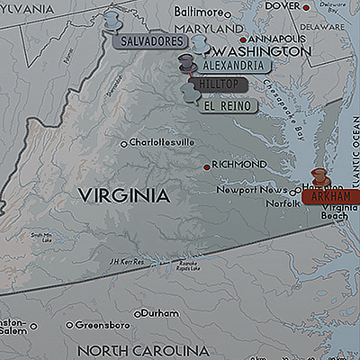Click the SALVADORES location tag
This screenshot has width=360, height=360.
coord(149,41)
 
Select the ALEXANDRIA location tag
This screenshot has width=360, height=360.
coord(233,66)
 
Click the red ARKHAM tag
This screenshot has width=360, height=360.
coord(325,195)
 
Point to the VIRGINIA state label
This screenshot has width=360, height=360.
coord(123,194)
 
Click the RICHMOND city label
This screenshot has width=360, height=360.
coord(239,165)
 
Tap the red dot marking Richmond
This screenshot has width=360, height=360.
coord(206,166)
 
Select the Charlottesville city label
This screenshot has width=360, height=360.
coord(162,142)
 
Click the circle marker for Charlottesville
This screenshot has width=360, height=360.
coord(124,143)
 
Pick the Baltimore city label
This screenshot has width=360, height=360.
coord(222,13)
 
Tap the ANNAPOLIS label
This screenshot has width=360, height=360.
coord(276,39)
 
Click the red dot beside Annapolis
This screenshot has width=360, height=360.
coord(243,40)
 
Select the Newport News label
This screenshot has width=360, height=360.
coord(256,190)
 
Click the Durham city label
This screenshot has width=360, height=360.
coord(160,313)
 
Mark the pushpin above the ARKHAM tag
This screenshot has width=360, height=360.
coord(318,176)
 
